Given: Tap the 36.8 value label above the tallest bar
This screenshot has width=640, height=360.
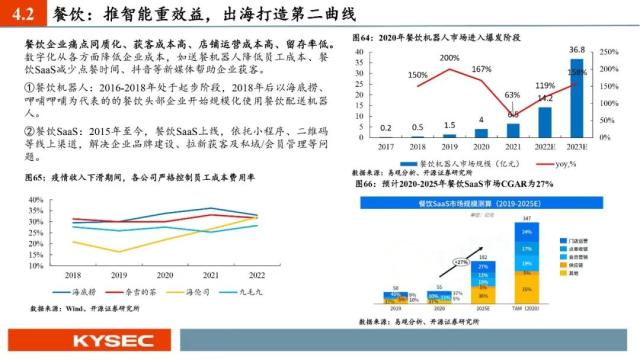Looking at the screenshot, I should (x=576, y=49).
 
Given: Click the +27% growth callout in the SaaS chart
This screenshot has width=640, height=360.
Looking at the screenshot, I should (x=461, y=263).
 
